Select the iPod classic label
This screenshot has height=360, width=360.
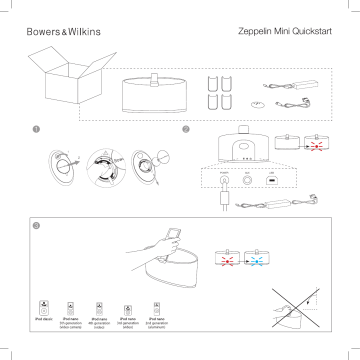[43, 319]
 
